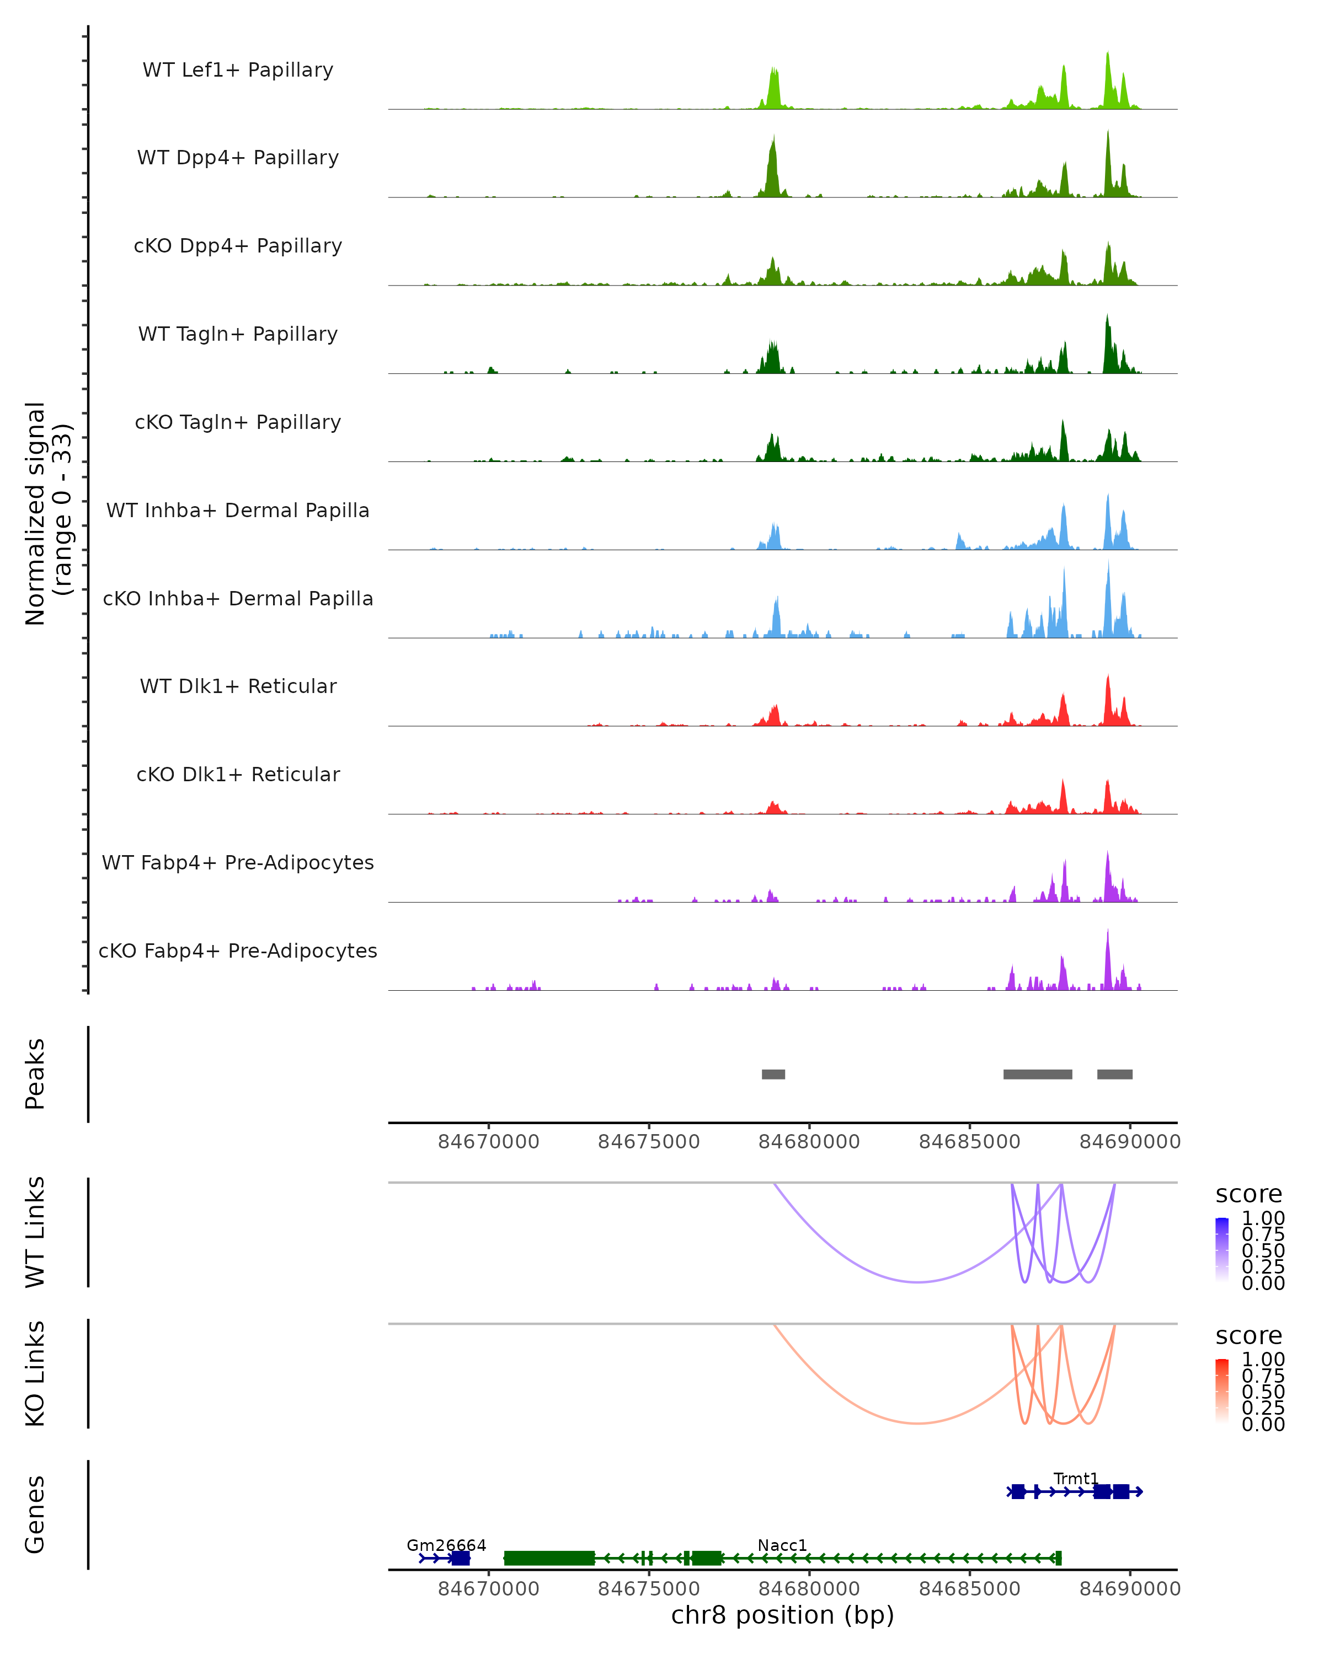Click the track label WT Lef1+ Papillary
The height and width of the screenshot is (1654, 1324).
[x=238, y=70]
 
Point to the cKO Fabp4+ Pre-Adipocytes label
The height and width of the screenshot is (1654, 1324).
[x=238, y=950]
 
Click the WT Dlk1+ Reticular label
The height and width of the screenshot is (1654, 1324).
[x=238, y=686]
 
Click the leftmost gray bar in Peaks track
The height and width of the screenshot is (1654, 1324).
[x=773, y=1074]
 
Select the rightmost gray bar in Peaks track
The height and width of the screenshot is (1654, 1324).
[x=1114, y=1074]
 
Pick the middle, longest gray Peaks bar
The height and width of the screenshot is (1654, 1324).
[x=1038, y=1074]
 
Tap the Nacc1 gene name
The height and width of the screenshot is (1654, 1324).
[x=782, y=1545]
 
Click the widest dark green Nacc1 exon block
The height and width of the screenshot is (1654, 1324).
[x=549, y=1558]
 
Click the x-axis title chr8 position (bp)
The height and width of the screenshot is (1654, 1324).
[x=782, y=1615]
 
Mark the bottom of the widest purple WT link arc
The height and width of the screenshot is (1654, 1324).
[x=918, y=1281]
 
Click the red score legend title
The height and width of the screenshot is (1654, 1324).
[x=1249, y=1336]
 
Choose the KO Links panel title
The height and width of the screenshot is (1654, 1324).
[x=35, y=1373]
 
